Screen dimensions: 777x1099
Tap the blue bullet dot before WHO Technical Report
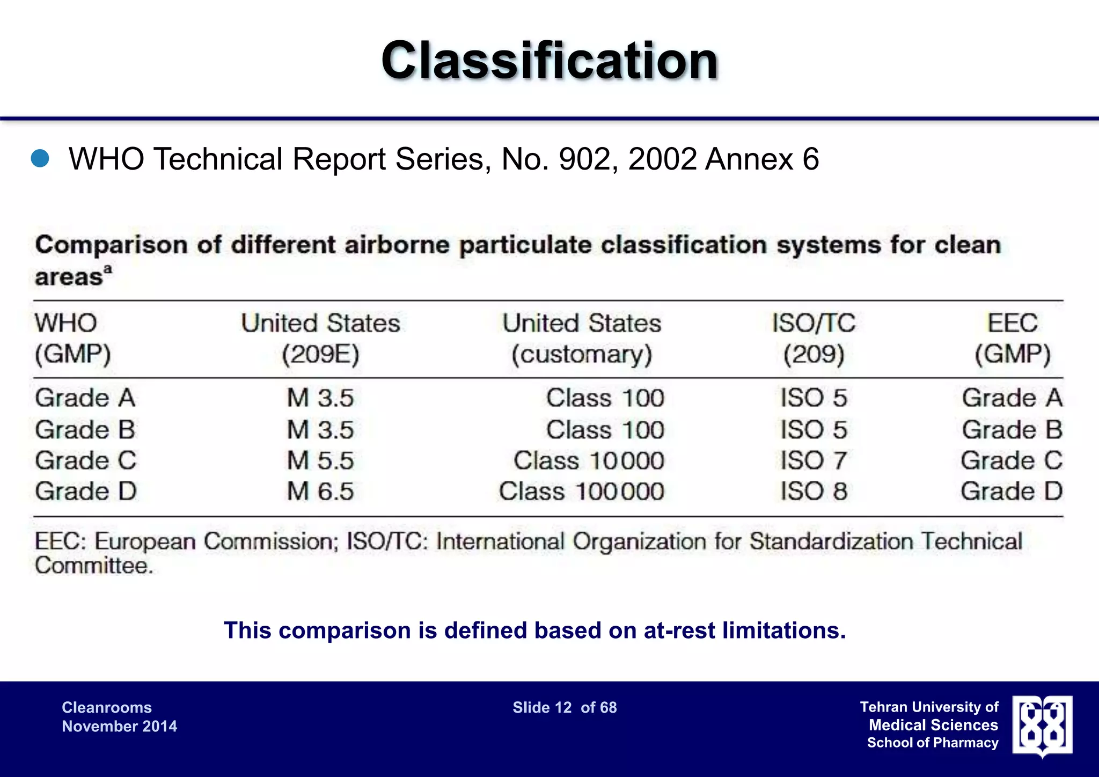point(40,159)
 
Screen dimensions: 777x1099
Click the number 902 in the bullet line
point(583,159)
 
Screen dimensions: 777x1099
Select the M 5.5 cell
point(320,461)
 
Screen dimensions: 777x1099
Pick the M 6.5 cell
point(320,492)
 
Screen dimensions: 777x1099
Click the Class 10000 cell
point(589,461)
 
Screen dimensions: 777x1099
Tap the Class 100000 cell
point(581,492)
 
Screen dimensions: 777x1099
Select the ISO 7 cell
point(814,461)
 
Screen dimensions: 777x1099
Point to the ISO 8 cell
point(814,492)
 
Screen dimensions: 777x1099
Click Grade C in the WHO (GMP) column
point(86,461)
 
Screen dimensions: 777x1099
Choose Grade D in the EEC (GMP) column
point(1012,492)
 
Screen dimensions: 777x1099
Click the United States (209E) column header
point(320,339)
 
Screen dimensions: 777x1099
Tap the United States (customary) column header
point(582,339)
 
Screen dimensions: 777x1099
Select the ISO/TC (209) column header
point(814,339)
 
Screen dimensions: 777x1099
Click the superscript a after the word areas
point(108,269)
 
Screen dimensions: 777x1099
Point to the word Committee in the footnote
point(94,566)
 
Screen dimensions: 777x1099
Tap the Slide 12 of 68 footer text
point(565,708)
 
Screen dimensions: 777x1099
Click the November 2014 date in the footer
point(119,727)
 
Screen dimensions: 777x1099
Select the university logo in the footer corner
point(1042,726)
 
